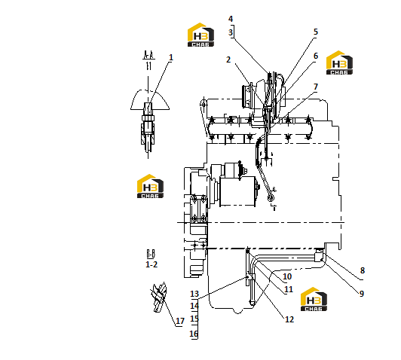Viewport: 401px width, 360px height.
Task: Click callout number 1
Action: [171, 57]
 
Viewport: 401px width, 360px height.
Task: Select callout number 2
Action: [228, 59]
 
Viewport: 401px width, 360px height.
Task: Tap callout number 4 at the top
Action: [231, 19]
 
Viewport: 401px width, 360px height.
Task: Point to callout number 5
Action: [316, 32]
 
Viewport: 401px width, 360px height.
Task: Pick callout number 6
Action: [316, 56]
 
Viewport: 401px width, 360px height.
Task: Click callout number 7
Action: [316, 87]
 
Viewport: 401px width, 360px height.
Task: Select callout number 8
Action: [362, 270]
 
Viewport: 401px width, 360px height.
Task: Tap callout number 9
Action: [362, 294]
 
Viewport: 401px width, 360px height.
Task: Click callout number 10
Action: [287, 276]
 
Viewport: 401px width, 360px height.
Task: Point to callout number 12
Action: [289, 319]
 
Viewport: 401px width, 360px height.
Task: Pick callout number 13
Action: [194, 294]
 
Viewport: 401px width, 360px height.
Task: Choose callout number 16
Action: [194, 334]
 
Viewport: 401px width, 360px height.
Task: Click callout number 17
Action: [180, 321]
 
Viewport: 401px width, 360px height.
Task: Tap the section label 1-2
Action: [152, 264]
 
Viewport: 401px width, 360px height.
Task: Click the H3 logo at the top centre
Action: [200, 35]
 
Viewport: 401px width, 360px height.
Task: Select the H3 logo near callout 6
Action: [339, 63]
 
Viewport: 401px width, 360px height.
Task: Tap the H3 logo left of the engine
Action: [150, 186]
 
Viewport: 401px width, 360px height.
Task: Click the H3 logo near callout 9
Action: [314, 299]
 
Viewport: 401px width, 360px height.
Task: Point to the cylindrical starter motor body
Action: [238, 191]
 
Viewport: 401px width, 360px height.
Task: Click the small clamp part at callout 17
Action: [159, 297]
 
